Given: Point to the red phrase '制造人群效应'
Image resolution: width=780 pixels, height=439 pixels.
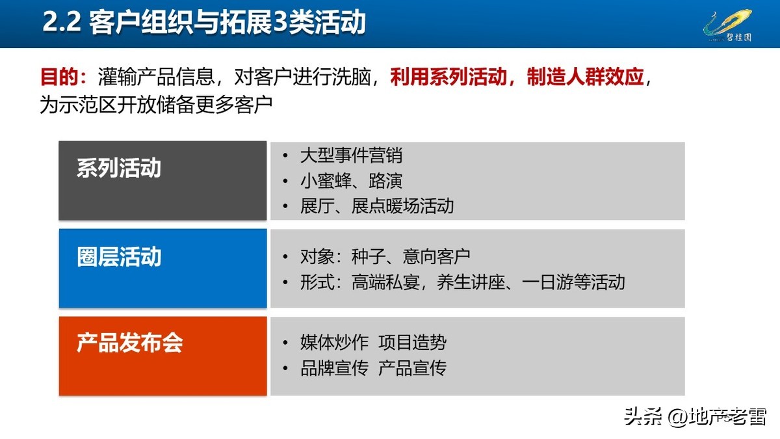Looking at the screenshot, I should [585, 77].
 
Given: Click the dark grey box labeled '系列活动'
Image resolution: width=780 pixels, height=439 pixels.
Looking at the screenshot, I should [162, 180].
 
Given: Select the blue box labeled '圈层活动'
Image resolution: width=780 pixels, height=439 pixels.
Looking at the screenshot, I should [162, 268].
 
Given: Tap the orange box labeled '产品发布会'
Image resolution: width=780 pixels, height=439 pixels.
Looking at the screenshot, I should [162, 356].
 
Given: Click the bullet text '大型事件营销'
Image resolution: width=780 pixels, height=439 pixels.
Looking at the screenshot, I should [351, 155].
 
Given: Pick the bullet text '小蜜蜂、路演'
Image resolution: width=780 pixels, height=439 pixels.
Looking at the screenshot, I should [351, 181].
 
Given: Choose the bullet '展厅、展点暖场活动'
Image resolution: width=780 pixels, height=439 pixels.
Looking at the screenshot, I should [377, 206].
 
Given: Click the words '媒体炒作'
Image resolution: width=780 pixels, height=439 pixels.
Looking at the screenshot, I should [334, 343].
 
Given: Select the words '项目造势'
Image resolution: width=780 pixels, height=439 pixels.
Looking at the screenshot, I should [412, 343].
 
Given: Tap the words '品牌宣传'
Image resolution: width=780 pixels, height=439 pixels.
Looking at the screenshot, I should [334, 369].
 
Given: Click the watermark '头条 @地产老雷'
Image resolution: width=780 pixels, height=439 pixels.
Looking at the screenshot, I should [695, 416].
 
